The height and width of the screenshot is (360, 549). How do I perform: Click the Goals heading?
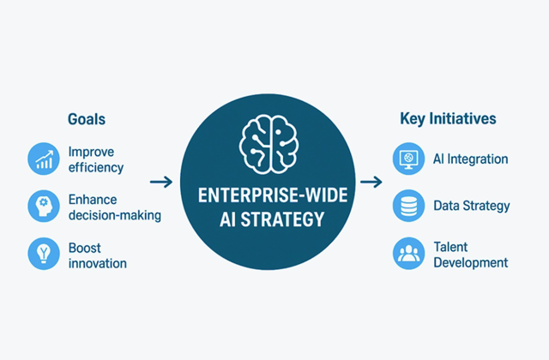tap(87, 119)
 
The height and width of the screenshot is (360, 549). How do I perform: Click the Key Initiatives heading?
tap(448, 119)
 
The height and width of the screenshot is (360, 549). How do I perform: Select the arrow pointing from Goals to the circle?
tap(160, 182)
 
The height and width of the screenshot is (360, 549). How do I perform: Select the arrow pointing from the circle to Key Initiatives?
tap(371, 182)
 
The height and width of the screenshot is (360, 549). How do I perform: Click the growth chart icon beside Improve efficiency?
tap(42, 159)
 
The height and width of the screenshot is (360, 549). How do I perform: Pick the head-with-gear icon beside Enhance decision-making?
tap(42, 207)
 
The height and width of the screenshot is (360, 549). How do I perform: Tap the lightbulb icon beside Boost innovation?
tap(42, 255)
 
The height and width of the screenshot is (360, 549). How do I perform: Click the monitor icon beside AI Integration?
tap(407, 159)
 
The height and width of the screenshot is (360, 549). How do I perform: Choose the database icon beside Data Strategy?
tap(407, 206)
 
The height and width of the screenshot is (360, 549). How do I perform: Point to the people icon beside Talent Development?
tap(407, 254)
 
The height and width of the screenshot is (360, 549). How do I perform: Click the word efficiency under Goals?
tap(95, 167)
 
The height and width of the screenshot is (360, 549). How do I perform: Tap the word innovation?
tap(97, 263)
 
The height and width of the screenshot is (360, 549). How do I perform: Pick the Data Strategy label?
tap(472, 206)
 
